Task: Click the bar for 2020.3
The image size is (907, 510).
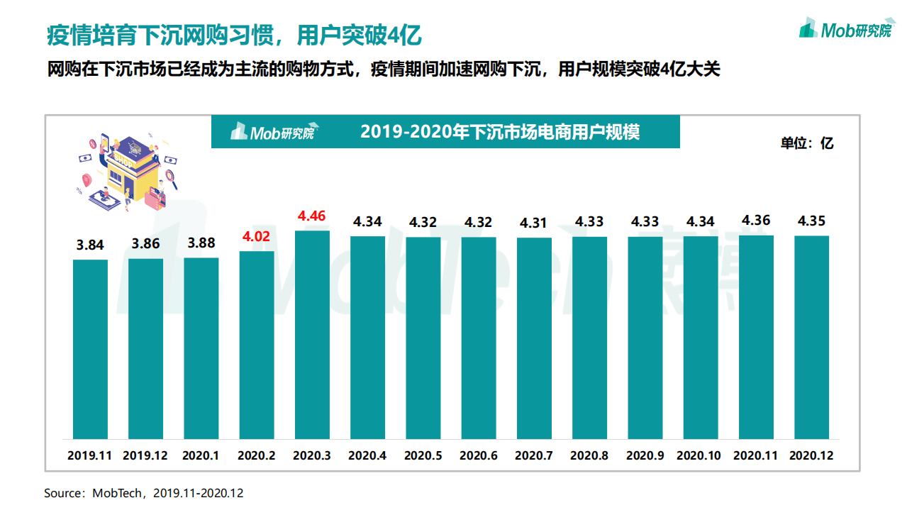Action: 312,335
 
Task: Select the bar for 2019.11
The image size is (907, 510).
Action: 91,349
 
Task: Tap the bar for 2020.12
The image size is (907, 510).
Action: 811,337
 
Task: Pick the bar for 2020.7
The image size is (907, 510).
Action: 534,338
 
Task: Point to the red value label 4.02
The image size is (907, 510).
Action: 257,237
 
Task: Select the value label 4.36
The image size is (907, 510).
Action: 756,221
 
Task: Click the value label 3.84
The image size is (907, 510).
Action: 90,245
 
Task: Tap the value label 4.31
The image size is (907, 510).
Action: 534,223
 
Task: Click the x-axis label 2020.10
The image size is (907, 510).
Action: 700,455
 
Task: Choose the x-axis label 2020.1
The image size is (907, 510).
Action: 201,455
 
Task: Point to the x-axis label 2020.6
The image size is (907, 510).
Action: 479,455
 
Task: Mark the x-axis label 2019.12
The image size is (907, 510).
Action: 145,455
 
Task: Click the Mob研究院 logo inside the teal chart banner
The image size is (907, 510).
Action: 273,132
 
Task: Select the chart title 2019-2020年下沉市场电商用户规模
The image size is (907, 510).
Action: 500,132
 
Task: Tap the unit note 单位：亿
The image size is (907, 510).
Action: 807,143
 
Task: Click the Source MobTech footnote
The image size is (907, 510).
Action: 143,493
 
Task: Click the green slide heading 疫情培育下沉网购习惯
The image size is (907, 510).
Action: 234,34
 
